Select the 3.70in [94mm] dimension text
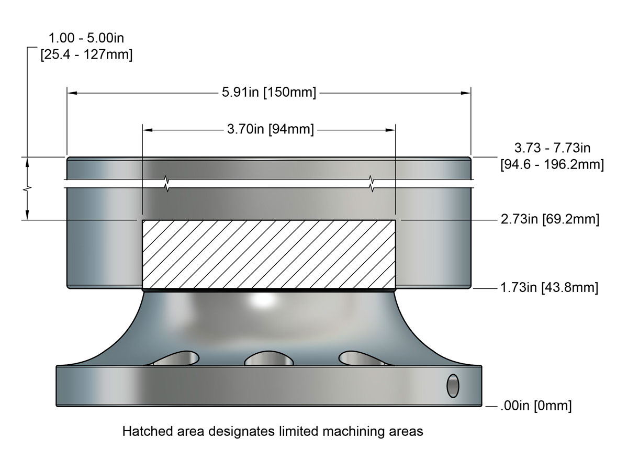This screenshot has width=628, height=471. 270,130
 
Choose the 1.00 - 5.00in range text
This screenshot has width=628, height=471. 86,38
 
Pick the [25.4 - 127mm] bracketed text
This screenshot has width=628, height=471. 86,55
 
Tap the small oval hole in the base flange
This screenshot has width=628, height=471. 452,386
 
